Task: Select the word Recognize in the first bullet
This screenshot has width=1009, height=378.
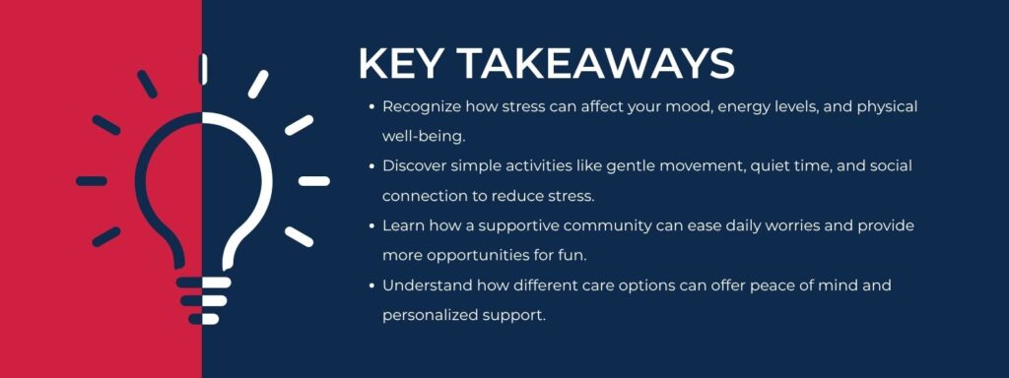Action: [x=417, y=105]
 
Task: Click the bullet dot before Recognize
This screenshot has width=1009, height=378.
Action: [x=370, y=106]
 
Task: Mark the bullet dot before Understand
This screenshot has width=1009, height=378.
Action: [x=370, y=286]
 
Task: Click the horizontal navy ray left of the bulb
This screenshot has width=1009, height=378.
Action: [x=92, y=181]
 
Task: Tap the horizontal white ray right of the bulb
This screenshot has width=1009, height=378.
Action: [x=313, y=181]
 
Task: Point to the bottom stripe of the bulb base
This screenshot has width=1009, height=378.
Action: [x=203, y=319]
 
